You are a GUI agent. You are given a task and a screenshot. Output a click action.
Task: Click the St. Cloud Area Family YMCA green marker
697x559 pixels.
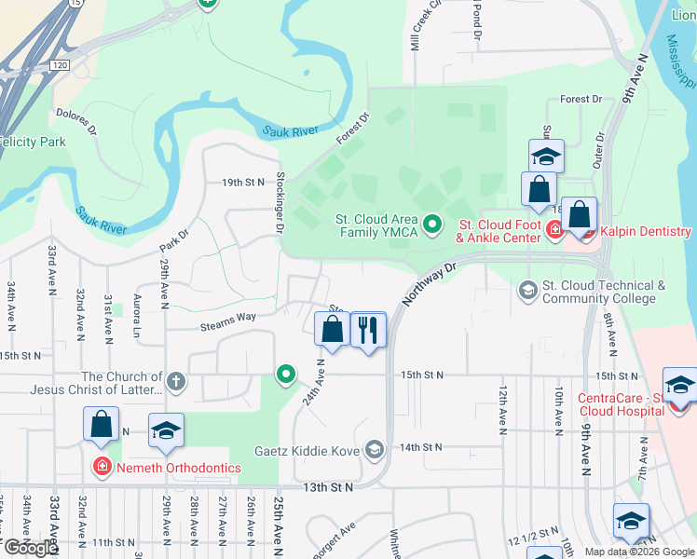[x=432, y=224]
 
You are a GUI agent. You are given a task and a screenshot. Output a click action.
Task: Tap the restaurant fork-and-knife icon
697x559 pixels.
[x=368, y=329]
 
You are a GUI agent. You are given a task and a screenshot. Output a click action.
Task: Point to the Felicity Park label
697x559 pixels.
[x=33, y=142]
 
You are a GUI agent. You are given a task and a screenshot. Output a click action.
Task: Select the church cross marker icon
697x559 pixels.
[x=176, y=381]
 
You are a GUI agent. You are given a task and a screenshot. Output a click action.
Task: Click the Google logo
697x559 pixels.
[x=30, y=548]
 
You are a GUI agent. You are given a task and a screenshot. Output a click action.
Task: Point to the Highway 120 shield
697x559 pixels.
[x=61, y=66]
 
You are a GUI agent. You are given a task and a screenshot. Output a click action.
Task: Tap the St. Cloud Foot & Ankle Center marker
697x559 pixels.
[x=554, y=231]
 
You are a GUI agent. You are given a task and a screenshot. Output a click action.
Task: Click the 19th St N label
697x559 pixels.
[x=243, y=183]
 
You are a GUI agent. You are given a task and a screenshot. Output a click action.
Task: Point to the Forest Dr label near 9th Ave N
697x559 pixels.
[x=581, y=99]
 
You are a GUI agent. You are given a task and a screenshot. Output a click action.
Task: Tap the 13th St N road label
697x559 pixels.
[x=328, y=487]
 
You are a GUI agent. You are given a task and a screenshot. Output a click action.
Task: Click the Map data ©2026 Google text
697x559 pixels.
[x=638, y=552]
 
